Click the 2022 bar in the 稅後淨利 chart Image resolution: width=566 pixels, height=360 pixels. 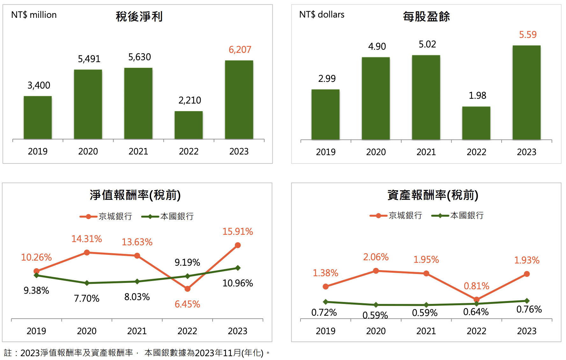coord(189,125)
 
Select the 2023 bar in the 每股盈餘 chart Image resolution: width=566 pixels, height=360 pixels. coord(526,92)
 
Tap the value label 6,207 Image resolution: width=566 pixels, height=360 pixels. coord(240,50)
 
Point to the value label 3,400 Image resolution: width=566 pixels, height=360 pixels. coord(39,85)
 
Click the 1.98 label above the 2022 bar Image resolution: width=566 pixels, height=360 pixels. coord(477,96)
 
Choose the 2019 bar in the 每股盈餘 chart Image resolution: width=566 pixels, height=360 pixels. coord(325,114)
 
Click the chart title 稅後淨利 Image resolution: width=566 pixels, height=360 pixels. coord(139,17)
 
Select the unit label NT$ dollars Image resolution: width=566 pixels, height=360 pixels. coord(322,15)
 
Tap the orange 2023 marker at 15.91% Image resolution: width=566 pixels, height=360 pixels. coord(238,245)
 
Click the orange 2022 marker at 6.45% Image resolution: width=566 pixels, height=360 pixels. coord(187,289)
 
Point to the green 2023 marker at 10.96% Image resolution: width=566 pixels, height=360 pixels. coord(238,268)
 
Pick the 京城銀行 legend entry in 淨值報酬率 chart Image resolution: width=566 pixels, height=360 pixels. coord(106,217)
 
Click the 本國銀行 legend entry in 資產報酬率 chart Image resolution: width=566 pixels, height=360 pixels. coord(458,216)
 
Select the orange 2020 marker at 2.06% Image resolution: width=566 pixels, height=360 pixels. coord(376,271)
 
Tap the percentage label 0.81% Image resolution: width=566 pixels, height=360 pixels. coord(476,286)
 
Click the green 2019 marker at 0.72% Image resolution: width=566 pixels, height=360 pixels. coord(325,302)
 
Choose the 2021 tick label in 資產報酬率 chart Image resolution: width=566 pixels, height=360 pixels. coord(426,331)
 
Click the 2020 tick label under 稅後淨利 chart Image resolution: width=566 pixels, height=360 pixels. coord(88,152)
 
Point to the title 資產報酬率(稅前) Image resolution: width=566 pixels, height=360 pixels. coord(433,195)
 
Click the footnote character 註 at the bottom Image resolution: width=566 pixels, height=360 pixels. coord(8,353)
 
